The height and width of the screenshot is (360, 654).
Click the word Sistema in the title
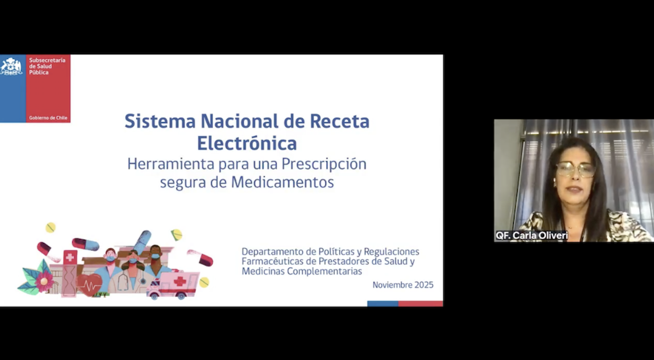click(160, 121)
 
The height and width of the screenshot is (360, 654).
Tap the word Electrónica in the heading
click(247, 143)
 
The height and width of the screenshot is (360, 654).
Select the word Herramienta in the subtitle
click(171, 164)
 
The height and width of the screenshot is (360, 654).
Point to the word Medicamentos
click(282, 182)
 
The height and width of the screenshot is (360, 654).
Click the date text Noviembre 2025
click(403, 285)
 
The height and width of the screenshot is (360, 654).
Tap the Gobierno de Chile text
click(48, 118)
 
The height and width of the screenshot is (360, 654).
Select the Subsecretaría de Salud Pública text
click(47, 66)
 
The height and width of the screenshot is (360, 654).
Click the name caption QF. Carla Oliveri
click(532, 235)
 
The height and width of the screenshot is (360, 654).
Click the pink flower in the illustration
click(44, 281)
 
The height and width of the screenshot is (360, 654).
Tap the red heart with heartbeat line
click(89, 285)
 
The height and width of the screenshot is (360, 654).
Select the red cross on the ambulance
click(180, 282)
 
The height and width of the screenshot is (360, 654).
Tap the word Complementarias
click(324, 271)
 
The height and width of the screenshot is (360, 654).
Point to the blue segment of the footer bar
click(383, 304)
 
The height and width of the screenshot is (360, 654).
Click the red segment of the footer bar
click(421, 304)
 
